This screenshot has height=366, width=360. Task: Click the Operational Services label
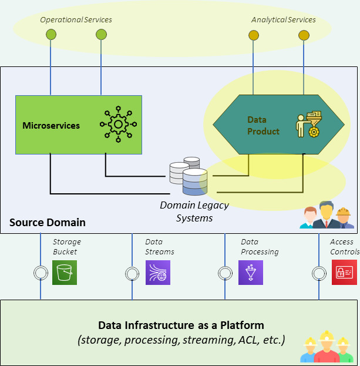click(76, 20)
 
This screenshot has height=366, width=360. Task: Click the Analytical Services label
click(283, 20)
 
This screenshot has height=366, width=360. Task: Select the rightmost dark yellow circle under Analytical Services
click(304, 35)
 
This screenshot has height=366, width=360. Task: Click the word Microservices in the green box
click(51, 125)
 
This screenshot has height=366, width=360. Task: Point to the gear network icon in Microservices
click(118, 125)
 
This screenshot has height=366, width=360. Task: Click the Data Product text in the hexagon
click(263, 125)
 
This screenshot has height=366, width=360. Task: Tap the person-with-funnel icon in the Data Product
click(308, 124)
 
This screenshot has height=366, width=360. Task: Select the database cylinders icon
click(189, 176)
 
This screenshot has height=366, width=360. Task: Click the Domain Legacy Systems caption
click(194, 211)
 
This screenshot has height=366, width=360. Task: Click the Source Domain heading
click(48, 223)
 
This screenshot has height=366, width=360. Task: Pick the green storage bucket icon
click(65, 273)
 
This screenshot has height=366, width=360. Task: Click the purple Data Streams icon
click(158, 273)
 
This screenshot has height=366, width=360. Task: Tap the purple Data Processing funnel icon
click(251, 273)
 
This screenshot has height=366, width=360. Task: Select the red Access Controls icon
click(344, 273)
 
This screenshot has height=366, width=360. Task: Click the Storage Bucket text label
click(66, 247)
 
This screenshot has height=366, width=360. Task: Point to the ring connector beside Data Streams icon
click(132, 273)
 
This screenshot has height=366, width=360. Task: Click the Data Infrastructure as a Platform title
click(181, 325)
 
